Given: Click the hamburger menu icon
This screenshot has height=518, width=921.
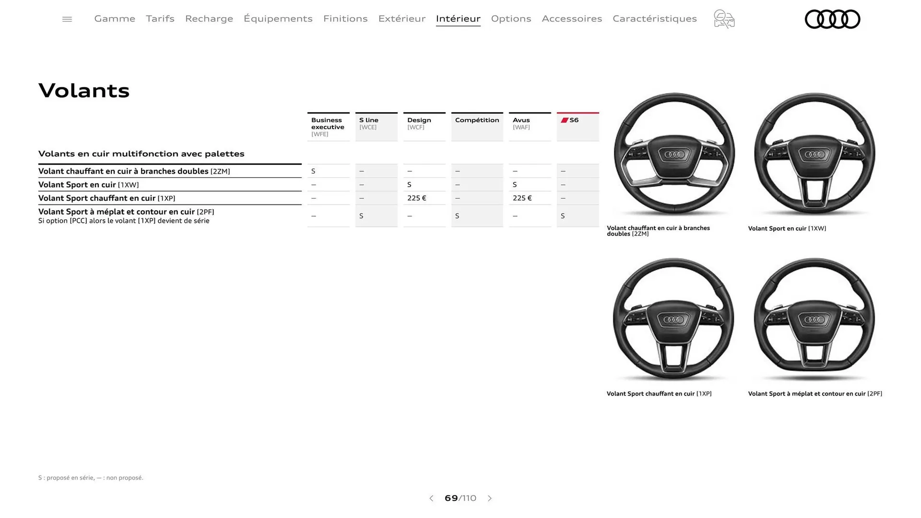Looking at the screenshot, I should [x=67, y=19].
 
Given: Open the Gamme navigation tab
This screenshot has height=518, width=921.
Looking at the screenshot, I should [x=115, y=19].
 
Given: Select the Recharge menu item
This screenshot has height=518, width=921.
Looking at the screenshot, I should [x=209, y=19].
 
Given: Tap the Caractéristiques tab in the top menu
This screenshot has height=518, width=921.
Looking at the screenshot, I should [x=654, y=19].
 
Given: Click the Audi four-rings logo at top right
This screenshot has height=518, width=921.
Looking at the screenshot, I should [x=832, y=19].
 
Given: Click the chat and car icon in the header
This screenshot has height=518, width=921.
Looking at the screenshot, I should [x=724, y=19].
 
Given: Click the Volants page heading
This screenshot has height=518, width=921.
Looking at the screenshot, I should [x=84, y=91].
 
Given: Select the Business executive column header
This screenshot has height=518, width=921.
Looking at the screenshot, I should [x=328, y=127].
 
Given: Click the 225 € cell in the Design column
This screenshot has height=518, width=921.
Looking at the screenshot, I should [x=417, y=198].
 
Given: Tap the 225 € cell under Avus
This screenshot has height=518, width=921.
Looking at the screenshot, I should [x=522, y=198].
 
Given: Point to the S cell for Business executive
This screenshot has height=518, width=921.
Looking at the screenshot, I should [x=314, y=171].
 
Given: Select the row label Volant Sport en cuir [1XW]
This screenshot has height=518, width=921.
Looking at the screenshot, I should [x=89, y=185].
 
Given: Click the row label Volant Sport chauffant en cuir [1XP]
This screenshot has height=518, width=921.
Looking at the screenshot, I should [x=106, y=198].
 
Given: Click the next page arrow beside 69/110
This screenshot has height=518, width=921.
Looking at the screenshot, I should [x=490, y=498].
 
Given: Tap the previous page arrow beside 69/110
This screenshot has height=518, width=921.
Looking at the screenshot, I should [x=431, y=498].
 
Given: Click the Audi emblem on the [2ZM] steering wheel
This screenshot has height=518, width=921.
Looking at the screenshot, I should [x=674, y=154].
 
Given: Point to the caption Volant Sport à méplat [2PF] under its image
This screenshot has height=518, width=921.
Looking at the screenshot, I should [x=815, y=394].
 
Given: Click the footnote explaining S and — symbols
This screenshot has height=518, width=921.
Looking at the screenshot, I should [x=91, y=478].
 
